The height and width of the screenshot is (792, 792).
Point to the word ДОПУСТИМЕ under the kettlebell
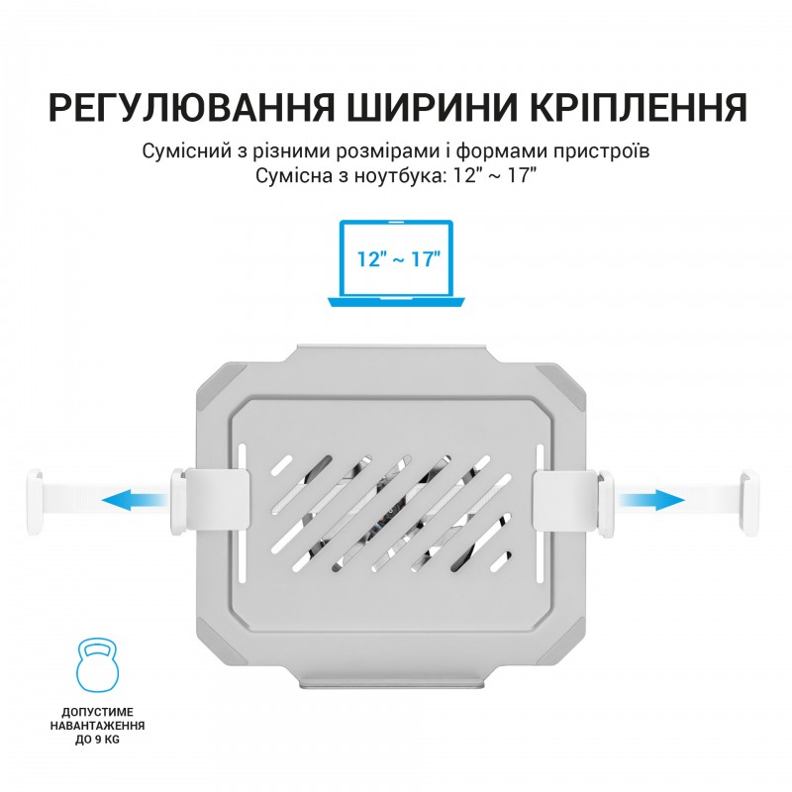click(x=97, y=712)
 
